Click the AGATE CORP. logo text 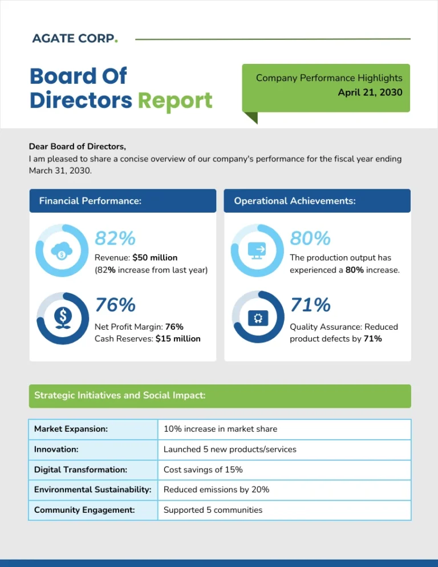pyautogui.click(x=75, y=39)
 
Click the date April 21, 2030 pyautogui.click(x=370, y=92)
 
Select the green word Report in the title pyautogui.click(x=175, y=100)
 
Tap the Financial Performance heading pyautogui.click(x=90, y=201)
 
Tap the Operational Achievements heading pyautogui.click(x=295, y=201)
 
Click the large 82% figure pyautogui.click(x=115, y=237)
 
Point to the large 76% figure pyautogui.click(x=115, y=305)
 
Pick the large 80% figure pyautogui.click(x=310, y=237)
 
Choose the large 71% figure pyautogui.click(x=310, y=305)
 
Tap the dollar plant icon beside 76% pyautogui.click(x=62, y=318)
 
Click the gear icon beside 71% pyautogui.click(x=257, y=318)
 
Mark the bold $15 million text pyautogui.click(x=178, y=339)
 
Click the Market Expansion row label pyautogui.click(x=71, y=429)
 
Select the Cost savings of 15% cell pyautogui.click(x=203, y=469)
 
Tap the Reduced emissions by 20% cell pyautogui.click(x=216, y=489)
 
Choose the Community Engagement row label pyautogui.click(x=84, y=510)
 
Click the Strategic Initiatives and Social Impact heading pyautogui.click(x=120, y=395)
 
